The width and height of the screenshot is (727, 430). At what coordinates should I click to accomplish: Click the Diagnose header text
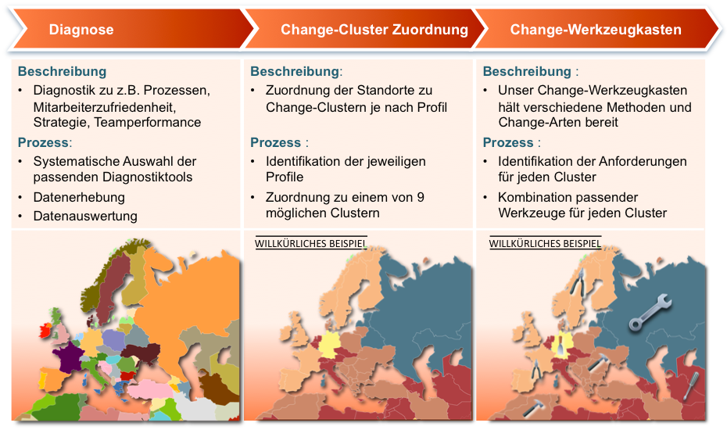click(81, 30)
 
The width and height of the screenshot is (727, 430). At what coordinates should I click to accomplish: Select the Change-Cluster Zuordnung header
click(374, 30)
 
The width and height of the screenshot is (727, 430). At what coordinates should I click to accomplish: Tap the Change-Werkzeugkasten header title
click(596, 30)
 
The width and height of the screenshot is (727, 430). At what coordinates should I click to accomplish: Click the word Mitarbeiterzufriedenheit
click(104, 107)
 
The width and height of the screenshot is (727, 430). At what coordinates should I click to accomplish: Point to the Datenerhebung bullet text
click(79, 197)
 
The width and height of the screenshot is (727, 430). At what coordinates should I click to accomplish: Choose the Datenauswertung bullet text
click(85, 216)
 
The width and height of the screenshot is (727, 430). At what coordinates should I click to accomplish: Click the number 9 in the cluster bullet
click(421, 197)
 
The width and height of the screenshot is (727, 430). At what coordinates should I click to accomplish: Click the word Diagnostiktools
click(148, 177)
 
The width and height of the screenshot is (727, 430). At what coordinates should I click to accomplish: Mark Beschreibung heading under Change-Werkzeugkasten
click(527, 71)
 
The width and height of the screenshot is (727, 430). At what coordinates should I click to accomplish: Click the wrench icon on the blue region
click(650, 312)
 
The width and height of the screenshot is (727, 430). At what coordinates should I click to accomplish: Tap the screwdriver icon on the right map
click(690, 386)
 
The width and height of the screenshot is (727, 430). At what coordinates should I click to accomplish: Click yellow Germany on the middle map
click(329, 344)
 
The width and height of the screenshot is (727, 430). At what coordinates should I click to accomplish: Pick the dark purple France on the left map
click(68, 357)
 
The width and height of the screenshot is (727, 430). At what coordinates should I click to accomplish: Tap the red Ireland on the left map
click(45, 331)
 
